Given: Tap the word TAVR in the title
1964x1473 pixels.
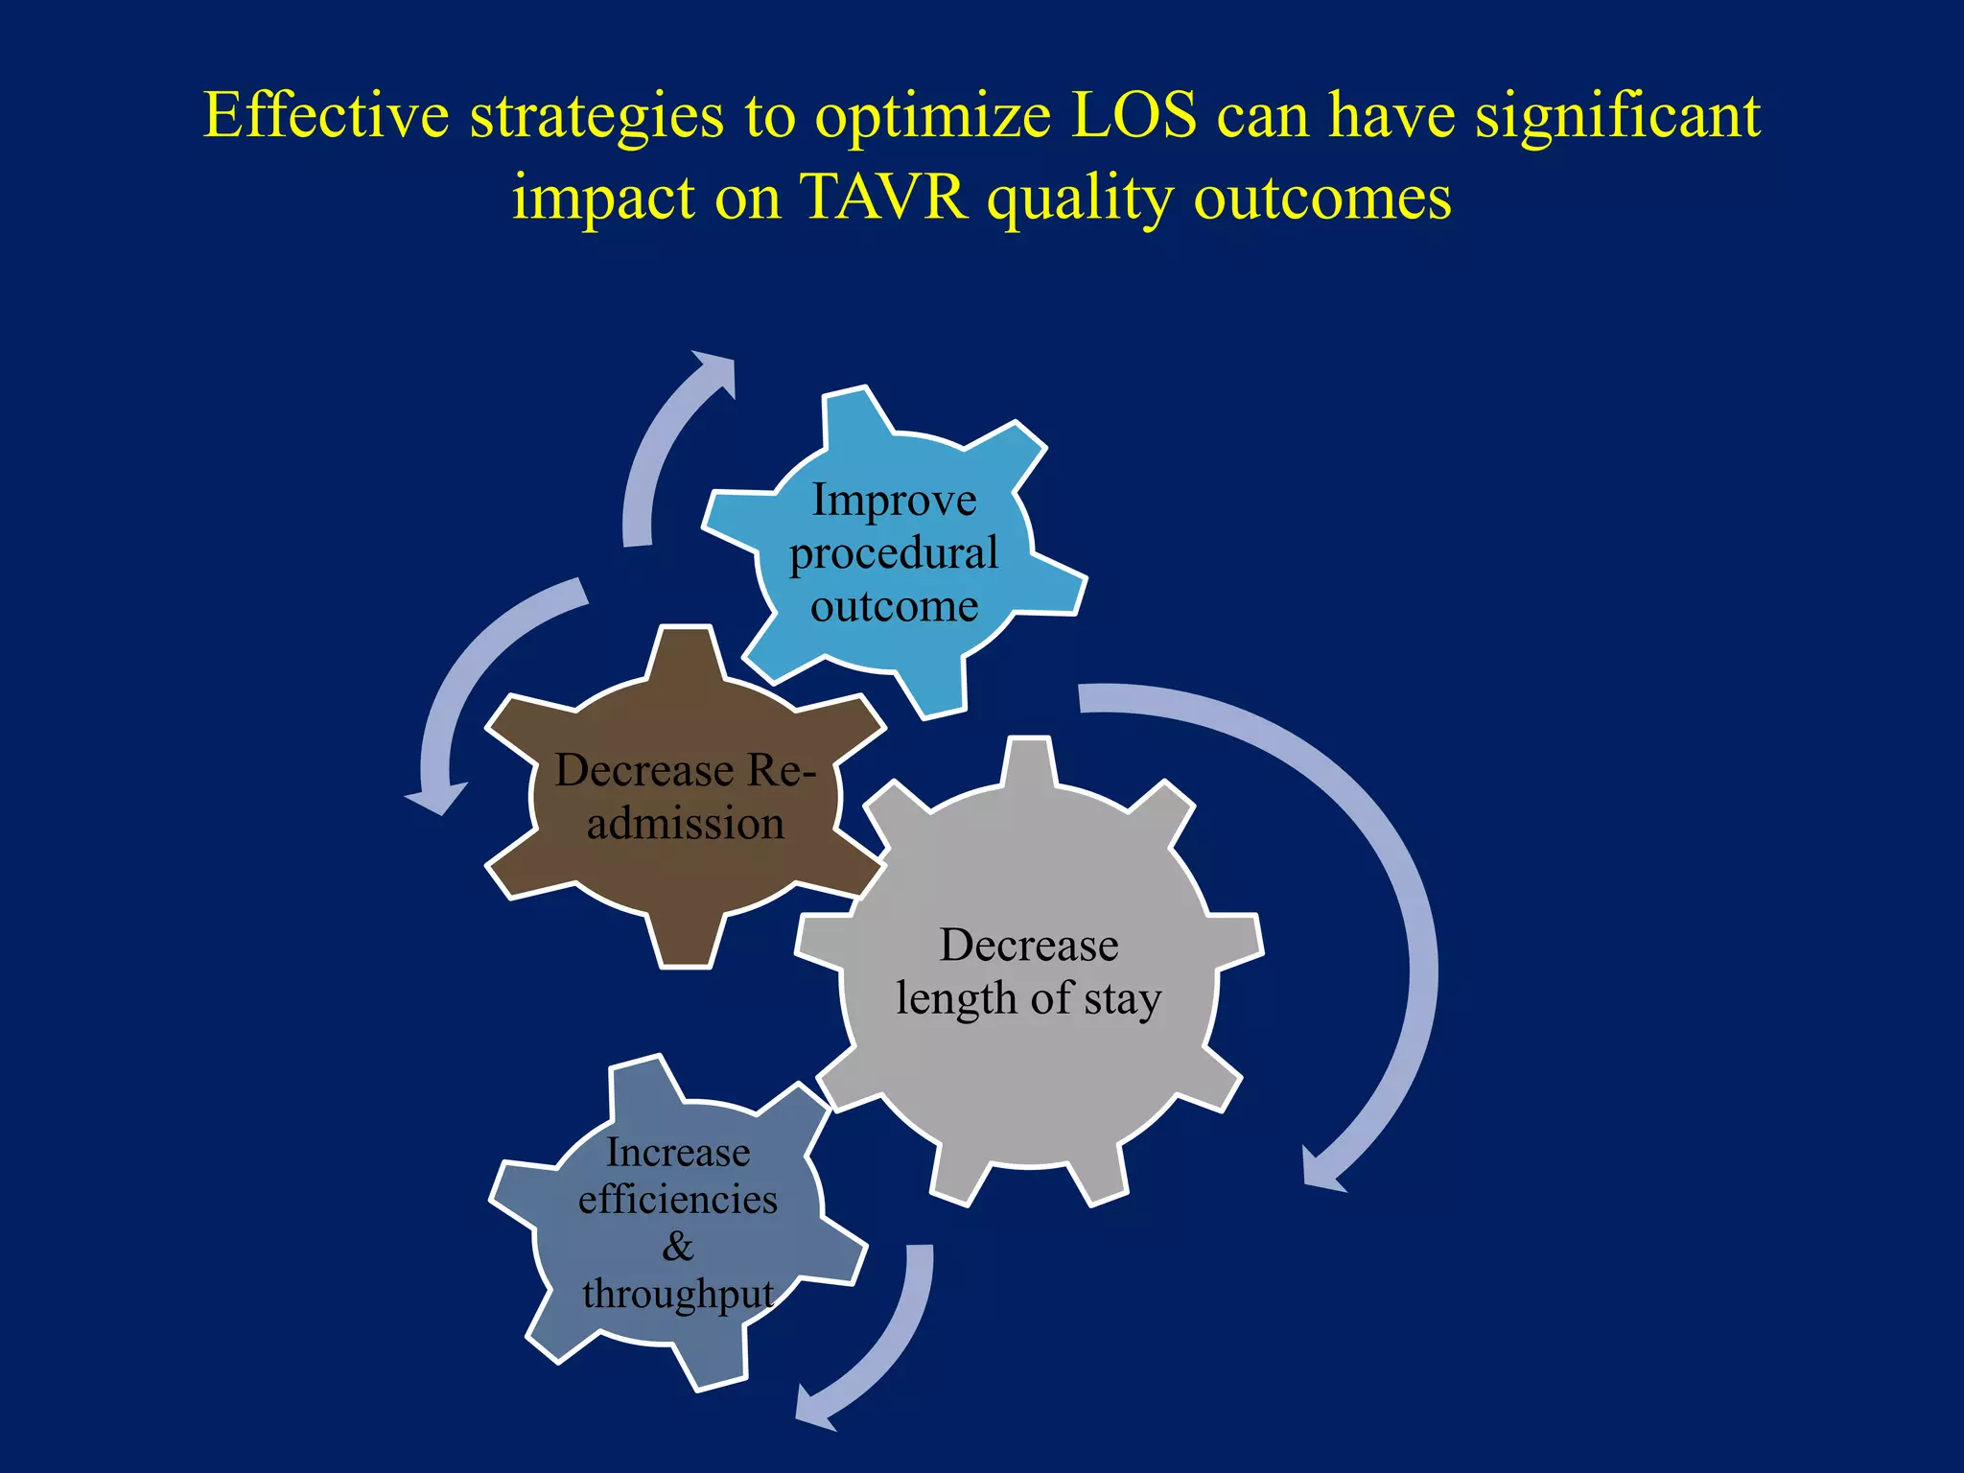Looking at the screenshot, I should click(883, 198).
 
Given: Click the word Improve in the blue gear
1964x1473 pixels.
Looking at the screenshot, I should click(894, 501).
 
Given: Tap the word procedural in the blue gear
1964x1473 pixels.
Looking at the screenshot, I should click(894, 554).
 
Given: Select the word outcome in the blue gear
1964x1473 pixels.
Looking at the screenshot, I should click(894, 606).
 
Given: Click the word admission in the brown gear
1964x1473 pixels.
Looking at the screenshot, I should click(685, 824).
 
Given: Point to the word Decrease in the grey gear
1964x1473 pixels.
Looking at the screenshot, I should click(1029, 946).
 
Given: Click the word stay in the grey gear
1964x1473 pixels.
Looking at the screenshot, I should click(1123, 1000).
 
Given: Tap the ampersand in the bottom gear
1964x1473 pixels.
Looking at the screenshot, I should click(677, 1247).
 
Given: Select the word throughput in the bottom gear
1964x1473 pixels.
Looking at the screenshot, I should click(677, 1295).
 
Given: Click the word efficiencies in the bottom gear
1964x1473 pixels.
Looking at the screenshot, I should click(677, 1200).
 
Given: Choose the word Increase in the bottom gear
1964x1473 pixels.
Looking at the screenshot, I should click(677, 1153).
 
